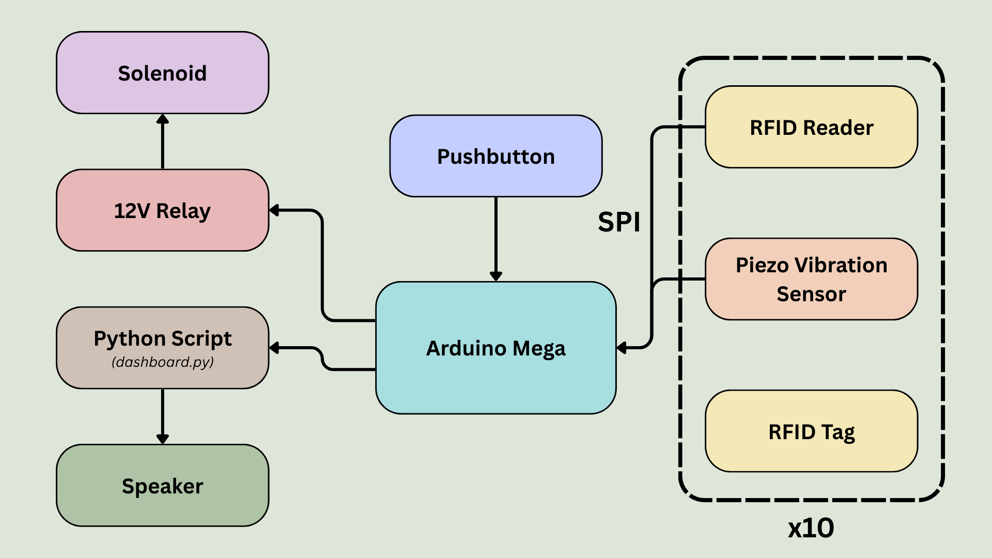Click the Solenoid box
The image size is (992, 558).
click(162, 73)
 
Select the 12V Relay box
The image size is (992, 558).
click(162, 210)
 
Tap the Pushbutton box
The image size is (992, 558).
click(495, 156)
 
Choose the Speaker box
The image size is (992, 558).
click(162, 486)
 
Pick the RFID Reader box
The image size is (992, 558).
click(811, 127)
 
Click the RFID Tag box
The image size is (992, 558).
click(811, 431)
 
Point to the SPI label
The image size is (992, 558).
click(619, 222)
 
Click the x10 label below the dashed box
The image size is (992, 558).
click(811, 528)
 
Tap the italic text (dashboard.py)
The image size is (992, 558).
click(162, 362)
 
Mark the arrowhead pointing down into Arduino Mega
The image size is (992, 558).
click(496, 276)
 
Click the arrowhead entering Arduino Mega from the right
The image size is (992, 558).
click(622, 348)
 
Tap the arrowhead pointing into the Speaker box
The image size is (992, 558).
click(163, 439)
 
